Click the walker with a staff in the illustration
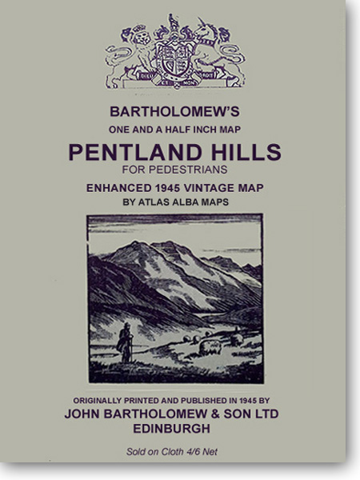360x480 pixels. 124,342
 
